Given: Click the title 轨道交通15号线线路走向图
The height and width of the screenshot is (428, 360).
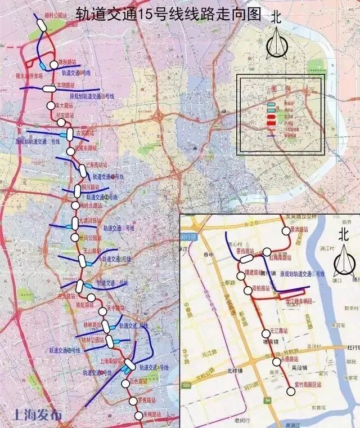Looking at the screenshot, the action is coord(168,14).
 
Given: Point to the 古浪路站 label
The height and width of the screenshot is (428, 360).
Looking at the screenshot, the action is coord(84,133).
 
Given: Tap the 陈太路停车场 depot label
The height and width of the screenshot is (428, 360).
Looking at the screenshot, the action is coord(30,74).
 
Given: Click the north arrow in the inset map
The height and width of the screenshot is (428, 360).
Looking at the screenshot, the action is coord(343,259).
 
